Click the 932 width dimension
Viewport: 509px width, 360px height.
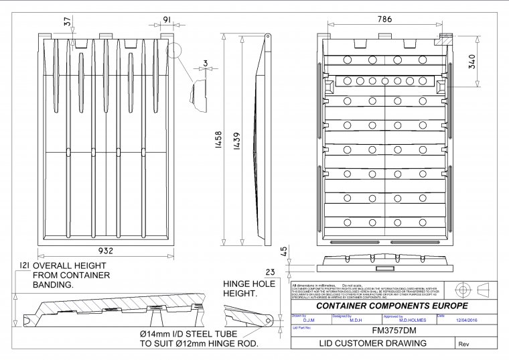pyautogui.click(x=105, y=250)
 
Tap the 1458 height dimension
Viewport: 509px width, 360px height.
pyautogui.click(x=220, y=142)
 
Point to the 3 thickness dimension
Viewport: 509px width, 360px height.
pyautogui.click(x=205, y=65)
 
